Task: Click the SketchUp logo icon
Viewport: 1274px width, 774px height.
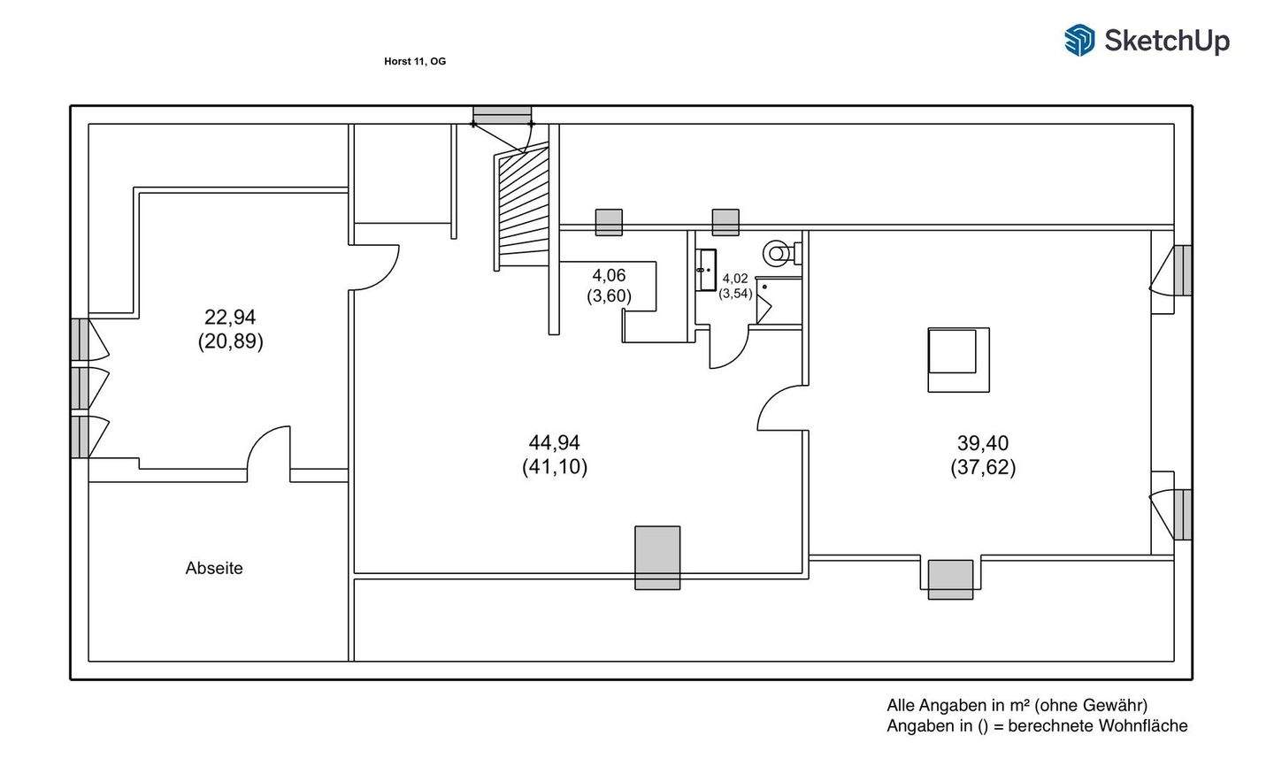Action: coord(1079,40)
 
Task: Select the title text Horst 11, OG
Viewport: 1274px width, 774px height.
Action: coord(415,61)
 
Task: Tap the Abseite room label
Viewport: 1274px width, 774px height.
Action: coord(214,569)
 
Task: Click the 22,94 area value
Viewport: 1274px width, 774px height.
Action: coord(230,317)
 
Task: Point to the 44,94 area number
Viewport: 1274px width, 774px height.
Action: coord(555,442)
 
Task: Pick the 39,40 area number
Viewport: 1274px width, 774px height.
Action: coord(983,443)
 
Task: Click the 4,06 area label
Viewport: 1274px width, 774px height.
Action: coord(609,276)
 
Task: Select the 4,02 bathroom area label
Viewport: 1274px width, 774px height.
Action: coord(735,279)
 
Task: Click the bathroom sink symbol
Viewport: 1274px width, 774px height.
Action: coord(707,270)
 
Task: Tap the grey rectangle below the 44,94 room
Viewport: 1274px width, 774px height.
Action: coord(657,557)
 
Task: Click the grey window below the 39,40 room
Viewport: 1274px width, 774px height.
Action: coord(950,579)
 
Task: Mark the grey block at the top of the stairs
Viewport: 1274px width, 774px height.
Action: coord(502,116)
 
